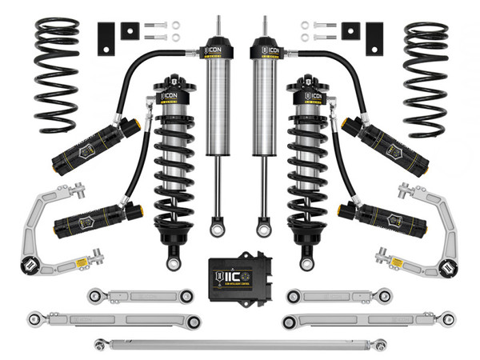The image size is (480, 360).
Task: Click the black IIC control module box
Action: coord(239,274)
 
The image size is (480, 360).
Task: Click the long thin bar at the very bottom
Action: coord(240,344)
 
